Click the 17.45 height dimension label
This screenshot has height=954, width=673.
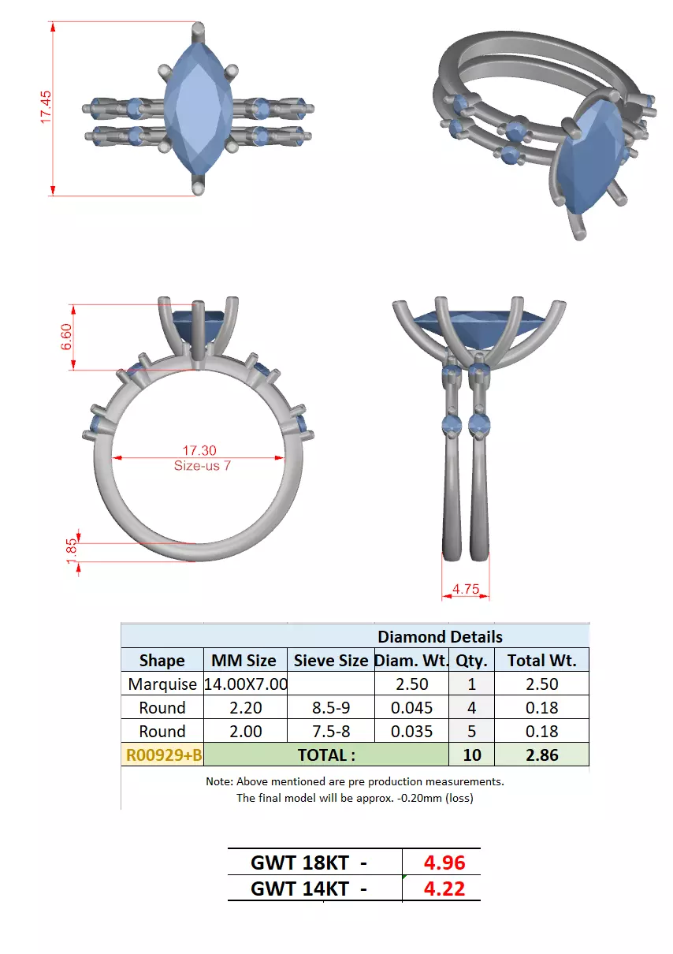coord(46,106)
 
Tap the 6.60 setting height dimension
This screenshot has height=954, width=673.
coord(66,337)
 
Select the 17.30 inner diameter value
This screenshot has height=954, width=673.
coord(200,450)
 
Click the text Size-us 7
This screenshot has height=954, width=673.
coord(203,465)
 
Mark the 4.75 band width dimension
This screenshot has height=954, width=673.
coord(467,588)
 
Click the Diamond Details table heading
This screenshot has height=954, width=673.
coord(439,636)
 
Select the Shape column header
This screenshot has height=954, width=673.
coord(162,660)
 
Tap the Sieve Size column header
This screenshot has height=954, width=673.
coord(330,660)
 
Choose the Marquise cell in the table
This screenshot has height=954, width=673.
coord(162,684)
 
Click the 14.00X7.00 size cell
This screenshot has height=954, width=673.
coord(245,684)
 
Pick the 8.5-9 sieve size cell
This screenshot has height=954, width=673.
coord(330,707)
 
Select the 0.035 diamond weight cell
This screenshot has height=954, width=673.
coord(411,731)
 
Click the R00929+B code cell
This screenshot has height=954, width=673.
coord(163,755)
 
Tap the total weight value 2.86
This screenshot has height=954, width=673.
coord(541,755)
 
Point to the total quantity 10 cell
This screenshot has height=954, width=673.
coord(471,755)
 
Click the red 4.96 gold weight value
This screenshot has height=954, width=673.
coord(444,862)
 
